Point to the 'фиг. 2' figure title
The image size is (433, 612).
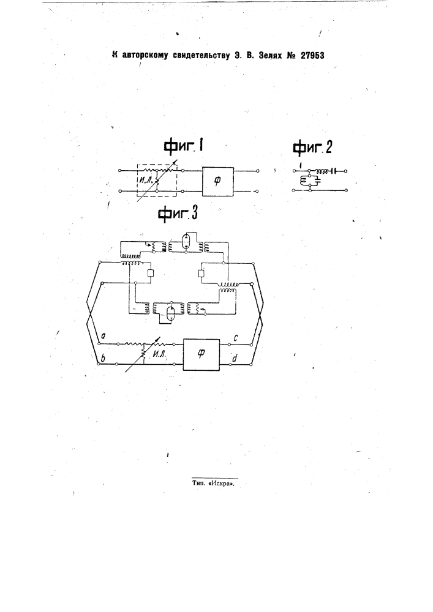point(312,147)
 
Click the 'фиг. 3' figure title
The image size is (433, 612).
point(178,214)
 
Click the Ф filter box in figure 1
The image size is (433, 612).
point(218,181)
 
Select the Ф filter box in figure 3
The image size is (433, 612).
point(201,354)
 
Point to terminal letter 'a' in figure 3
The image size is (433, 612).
point(103,335)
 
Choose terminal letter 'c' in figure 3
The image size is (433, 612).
point(236,338)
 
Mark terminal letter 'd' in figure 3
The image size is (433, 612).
point(235,357)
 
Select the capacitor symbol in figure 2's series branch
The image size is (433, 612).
point(333,171)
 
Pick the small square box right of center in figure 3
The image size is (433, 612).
point(201,273)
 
